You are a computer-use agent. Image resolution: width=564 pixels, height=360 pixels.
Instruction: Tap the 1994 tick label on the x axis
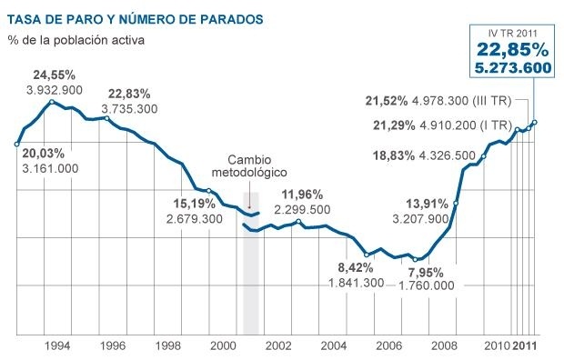(58, 347)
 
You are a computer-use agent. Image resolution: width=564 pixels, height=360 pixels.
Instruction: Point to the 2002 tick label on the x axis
(278, 347)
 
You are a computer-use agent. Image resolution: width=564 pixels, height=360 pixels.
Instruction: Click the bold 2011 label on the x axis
(524, 347)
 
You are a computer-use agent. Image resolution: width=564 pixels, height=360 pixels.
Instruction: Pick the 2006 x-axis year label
(388, 347)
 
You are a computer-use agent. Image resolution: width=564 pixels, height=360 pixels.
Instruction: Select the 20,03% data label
(40, 154)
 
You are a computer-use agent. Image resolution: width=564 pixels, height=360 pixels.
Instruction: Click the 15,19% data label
(188, 204)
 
